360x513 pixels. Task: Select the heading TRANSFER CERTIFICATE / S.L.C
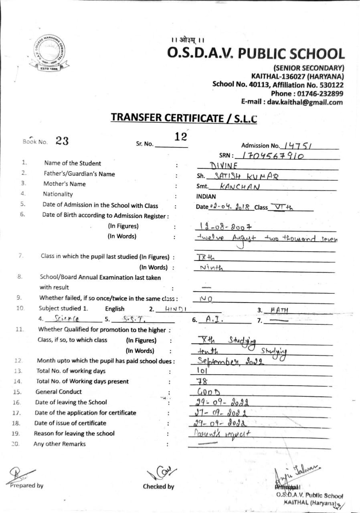coord(184,117)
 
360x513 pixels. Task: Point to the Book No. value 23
coord(62,141)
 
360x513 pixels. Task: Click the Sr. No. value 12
coord(181,137)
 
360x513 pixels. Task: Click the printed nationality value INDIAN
coord(206,196)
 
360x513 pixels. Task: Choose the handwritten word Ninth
coord(211,268)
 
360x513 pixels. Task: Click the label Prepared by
coord(27,486)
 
